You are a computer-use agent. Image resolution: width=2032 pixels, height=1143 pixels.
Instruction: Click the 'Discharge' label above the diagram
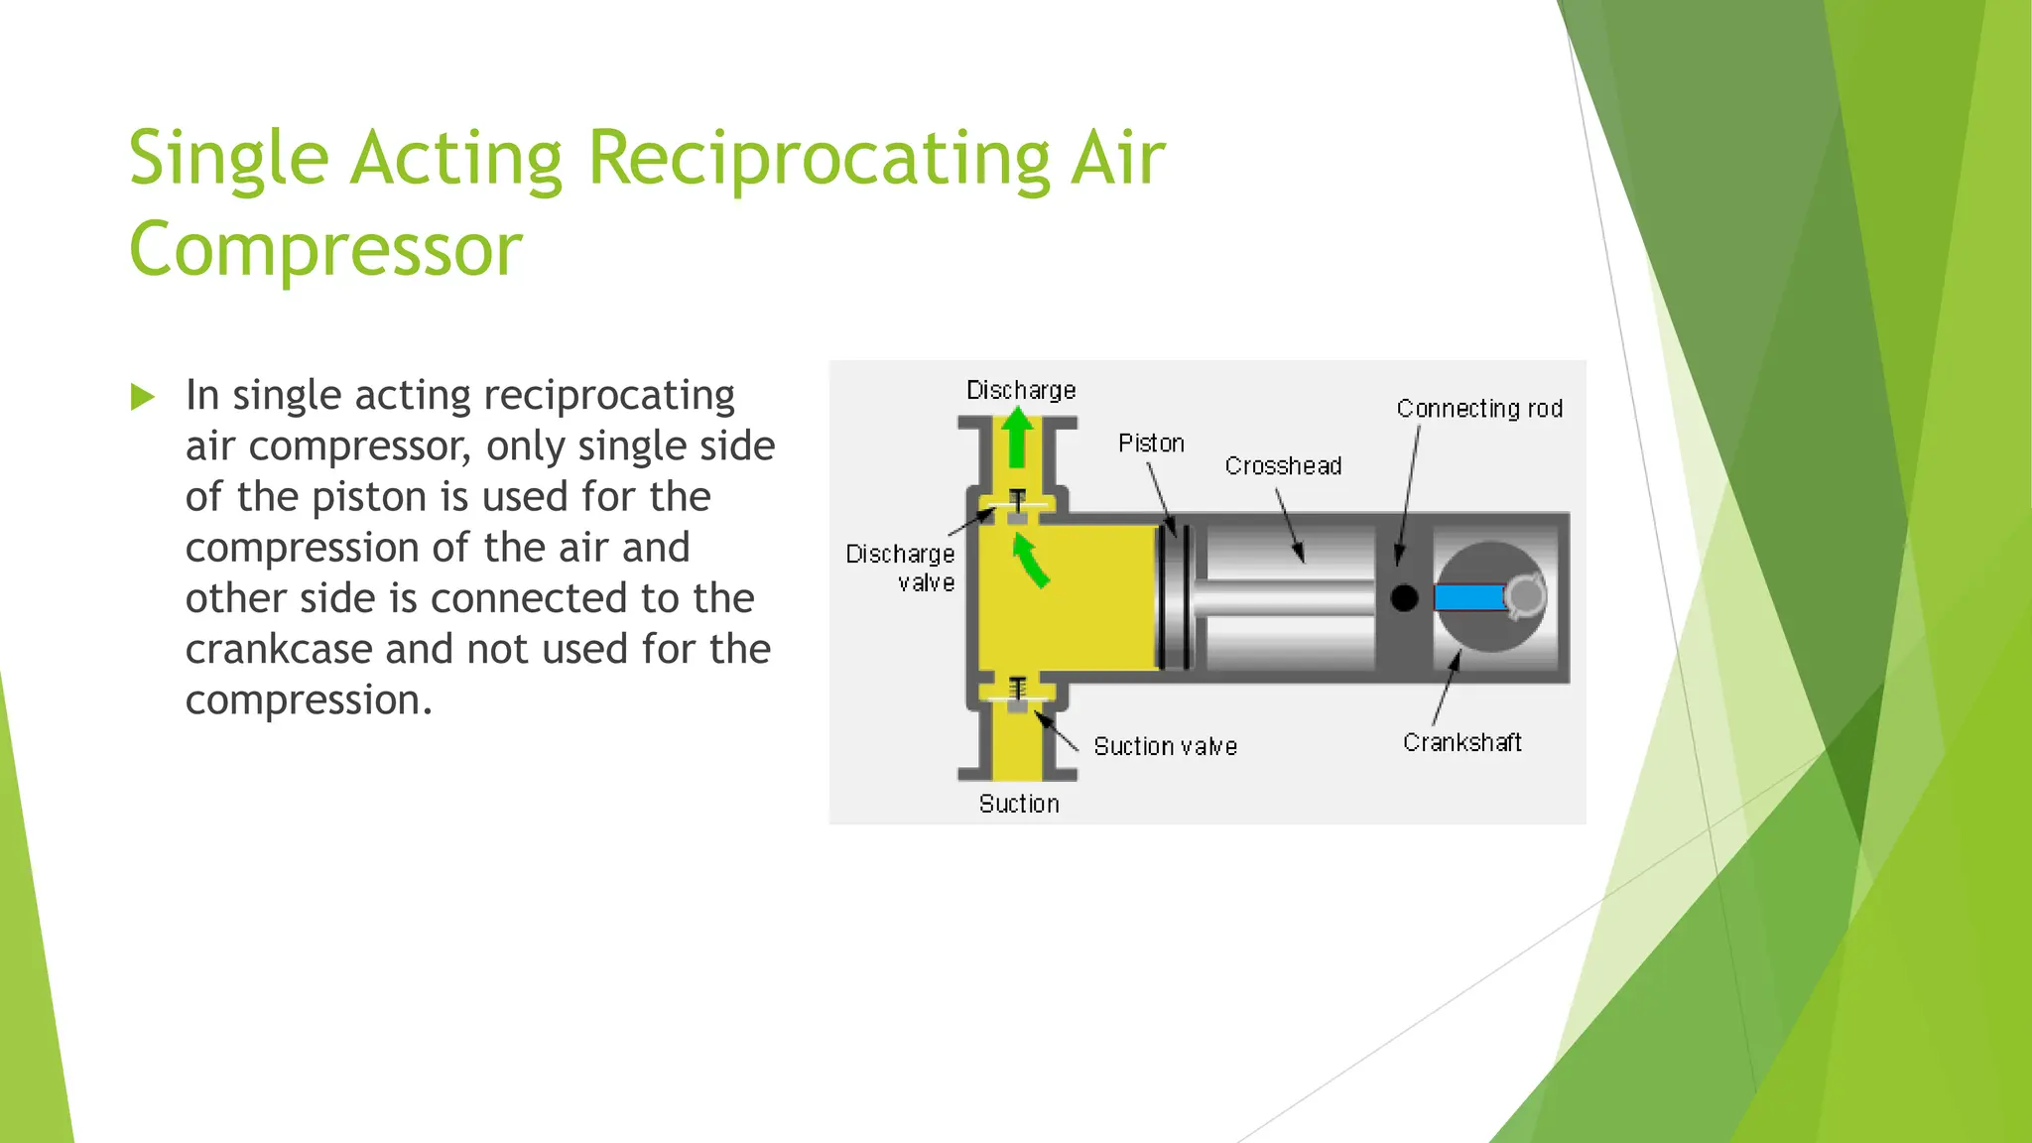pyautogui.click(x=1021, y=390)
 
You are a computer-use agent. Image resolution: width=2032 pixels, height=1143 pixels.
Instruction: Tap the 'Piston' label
pyautogui.click(x=1151, y=443)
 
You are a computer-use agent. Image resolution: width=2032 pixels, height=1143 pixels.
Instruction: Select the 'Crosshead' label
pyautogui.click(x=1283, y=465)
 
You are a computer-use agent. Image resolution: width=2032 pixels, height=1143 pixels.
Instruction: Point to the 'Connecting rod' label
pyautogui.click(x=1479, y=408)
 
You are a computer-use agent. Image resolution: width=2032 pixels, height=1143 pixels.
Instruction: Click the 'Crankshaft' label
pyautogui.click(x=1461, y=742)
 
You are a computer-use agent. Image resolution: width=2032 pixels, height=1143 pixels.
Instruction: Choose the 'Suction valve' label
pyautogui.click(x=1165, y=746)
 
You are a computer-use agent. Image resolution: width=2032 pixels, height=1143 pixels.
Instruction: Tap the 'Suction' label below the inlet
pyautogui.click(x=1019, y=804)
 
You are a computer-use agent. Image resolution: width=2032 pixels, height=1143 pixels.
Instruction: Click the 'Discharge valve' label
pyautogui.click(x=901, y=568)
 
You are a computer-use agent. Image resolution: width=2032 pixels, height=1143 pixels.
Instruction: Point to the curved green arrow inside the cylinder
pyautogui.click(x=1030, y=561)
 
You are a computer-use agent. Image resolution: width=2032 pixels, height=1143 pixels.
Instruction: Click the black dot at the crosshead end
pyautogui.click(x=1404, y=598)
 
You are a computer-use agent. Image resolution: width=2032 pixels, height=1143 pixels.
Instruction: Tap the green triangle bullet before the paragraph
pyautogui.click(x=143, y=398)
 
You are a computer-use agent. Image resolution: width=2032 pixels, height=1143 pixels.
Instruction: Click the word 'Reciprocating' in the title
pyautogui.click(x=820, y=158)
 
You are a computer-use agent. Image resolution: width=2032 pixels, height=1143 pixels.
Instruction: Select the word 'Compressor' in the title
pyautogui.click(x=325, y=249)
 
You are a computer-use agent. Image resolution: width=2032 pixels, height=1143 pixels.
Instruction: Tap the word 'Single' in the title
pyautogui.click(x=229, y=158)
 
